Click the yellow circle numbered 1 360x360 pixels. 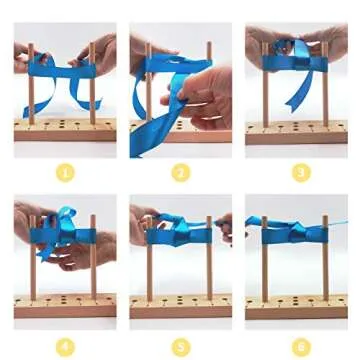tap(66, 173)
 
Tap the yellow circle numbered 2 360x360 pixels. tap(181, 173)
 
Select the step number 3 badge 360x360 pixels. tap(301, 173)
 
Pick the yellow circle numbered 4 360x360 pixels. tap(66, 347)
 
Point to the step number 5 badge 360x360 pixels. tap(181, 347)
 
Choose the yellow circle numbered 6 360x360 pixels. tap(301, 347)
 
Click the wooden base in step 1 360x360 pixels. tap(66, 130)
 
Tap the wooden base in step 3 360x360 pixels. tap(296, 132)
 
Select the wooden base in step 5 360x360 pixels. tap(181, 305)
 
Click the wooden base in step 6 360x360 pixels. tap(296, 305)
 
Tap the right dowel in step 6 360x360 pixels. tap(325, 270)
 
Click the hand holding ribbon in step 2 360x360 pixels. tap(205, 95)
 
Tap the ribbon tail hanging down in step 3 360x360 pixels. tap(298, 85)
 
